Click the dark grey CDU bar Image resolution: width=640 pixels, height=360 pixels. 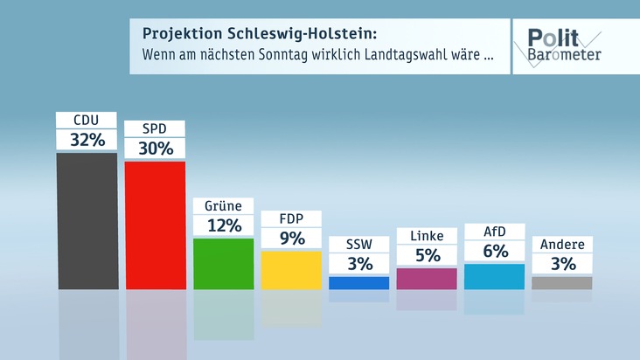87,220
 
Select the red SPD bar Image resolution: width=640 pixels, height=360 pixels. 155,225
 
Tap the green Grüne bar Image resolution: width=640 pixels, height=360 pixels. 223,263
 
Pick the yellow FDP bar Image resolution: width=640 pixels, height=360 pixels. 291,269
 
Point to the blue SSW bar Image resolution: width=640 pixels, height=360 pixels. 359,282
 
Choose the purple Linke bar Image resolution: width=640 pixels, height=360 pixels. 427,278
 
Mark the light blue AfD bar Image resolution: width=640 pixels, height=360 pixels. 494,276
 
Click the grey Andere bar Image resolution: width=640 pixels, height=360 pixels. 562,282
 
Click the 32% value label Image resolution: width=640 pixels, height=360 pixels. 87,140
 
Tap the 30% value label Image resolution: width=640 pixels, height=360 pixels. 155,149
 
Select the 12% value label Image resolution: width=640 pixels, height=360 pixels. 223,225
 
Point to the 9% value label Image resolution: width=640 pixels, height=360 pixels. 291,238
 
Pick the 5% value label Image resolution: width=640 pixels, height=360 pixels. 427,256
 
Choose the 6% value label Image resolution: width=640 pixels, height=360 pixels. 494,252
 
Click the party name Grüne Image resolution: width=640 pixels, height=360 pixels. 223,206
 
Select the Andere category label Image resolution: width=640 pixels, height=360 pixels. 562,245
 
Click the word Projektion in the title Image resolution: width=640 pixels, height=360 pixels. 178,34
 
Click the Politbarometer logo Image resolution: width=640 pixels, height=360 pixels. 563,45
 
